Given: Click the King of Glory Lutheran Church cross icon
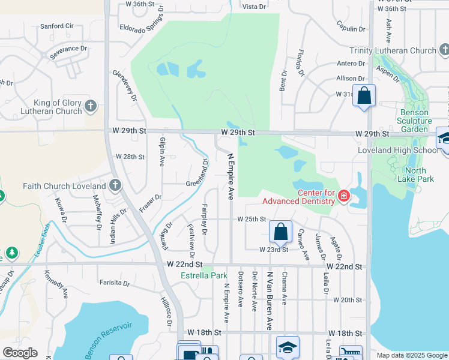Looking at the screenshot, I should point(91,107).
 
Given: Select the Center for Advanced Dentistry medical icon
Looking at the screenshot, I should point(343,196).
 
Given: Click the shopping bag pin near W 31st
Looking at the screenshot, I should point(364,96).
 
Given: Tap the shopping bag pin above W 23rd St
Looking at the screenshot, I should point(280,231).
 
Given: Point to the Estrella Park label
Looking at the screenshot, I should point(204,276).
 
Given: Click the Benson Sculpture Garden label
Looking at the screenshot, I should point(415,121).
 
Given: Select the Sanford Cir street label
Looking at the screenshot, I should point(56,26).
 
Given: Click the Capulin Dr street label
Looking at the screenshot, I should point(351,28).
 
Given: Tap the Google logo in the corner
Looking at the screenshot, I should point(20,353).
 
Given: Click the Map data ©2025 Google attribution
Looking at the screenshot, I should point(411,355).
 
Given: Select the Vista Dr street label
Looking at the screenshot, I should point(254,7).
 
